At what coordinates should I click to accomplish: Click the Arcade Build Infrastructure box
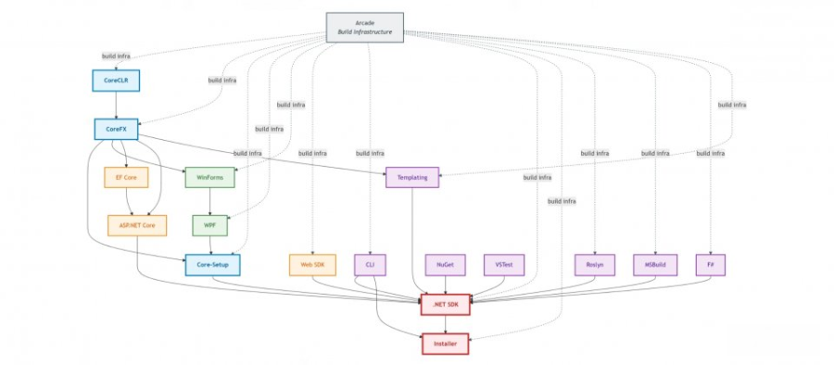point(365,26)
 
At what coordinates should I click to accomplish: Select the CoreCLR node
point(115,81)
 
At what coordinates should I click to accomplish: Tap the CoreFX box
point(116,130)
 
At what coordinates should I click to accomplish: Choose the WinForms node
point(210,177)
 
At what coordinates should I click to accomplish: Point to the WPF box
point(209,225)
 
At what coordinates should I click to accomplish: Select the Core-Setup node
point(212,265)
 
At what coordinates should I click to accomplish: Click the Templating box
point(411,177)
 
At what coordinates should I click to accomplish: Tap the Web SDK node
point(312,265)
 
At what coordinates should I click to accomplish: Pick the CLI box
point(370,265)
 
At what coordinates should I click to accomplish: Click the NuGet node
point(444,265)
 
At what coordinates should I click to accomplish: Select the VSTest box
point(504,265)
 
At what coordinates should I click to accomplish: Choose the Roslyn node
point(594,265)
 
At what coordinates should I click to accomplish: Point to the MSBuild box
point(655,265)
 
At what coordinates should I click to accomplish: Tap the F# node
point(710,265)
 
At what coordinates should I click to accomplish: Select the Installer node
point(446,344)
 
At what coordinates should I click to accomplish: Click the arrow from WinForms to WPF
point(209,201)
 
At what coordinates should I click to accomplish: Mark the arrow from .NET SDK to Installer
point(446,324)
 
